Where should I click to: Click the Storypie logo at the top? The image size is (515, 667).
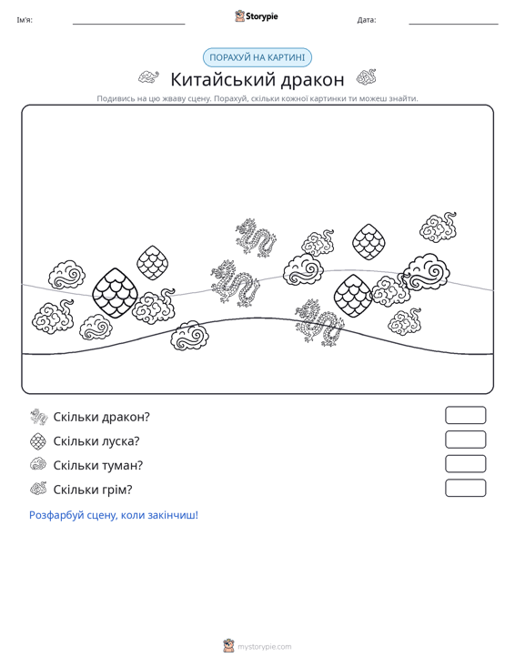point(256,16)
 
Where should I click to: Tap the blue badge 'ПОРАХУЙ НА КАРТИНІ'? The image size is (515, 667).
point(257,57)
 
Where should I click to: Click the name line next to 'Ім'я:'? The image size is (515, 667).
point(129,24)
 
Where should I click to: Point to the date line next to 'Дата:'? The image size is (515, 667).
point(453,24)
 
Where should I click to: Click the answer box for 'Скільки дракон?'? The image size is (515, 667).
point(466,415)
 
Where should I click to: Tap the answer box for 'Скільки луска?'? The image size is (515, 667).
point(466,440)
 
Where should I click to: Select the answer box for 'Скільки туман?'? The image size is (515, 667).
point(466,464)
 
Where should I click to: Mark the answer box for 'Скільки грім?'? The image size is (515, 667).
point(466,488)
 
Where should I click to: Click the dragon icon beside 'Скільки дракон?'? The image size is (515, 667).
point(39,417)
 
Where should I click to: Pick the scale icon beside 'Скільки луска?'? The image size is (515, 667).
point(38,441)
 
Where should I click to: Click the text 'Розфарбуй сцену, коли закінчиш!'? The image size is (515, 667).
point(114,515)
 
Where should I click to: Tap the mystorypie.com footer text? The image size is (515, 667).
point(265,647)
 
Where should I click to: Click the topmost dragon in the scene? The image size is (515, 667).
point(256,237)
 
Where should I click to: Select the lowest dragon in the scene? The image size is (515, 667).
point(319,322)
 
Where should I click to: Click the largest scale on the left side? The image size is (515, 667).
point(115,293)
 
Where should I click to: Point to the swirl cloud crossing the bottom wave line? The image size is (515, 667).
point(189,335)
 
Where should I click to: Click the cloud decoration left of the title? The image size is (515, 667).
point(148,77)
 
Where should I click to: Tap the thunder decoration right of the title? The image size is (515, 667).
point(366,77)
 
